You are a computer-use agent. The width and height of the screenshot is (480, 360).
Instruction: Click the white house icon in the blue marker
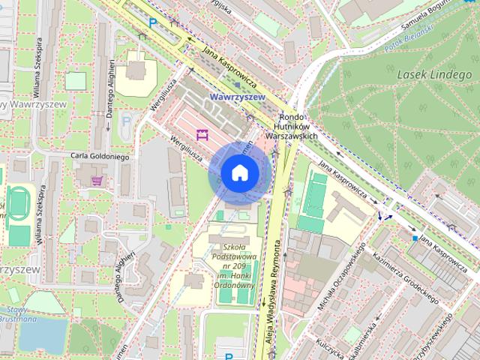tap(239, 173)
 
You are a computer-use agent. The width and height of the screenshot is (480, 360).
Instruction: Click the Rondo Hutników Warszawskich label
tap(299, 127)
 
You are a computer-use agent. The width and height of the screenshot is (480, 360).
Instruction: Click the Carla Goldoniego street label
tap(100, 157)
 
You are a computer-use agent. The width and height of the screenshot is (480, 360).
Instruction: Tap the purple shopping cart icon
tap(97, 180)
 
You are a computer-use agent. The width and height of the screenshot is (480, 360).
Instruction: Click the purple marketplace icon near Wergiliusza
tap(201, 134)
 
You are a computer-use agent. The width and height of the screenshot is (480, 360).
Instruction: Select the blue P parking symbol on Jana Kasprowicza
tap(153, 23)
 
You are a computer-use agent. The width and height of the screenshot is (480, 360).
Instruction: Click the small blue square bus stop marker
tap(415, 238)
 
